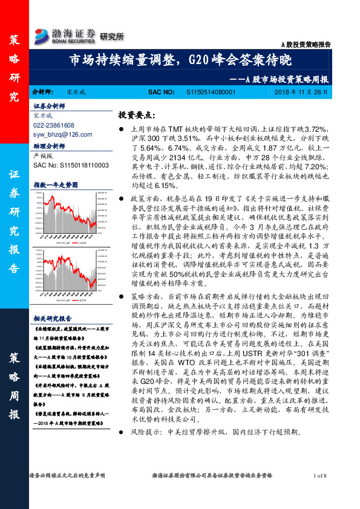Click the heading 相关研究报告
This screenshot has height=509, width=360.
53,318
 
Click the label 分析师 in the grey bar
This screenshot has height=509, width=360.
44,92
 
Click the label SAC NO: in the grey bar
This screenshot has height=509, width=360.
162,92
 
